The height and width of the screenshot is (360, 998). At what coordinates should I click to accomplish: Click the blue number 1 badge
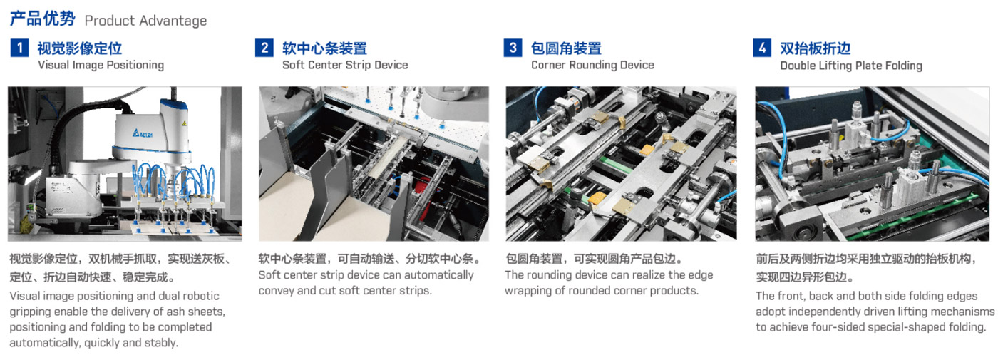19,48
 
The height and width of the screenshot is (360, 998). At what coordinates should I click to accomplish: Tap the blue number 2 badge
264,48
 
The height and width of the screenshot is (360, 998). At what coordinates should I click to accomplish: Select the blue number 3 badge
513,48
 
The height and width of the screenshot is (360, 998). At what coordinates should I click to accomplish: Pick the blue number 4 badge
762,48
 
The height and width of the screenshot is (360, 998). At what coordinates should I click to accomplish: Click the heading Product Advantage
145,21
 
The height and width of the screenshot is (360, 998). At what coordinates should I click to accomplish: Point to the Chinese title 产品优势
42,19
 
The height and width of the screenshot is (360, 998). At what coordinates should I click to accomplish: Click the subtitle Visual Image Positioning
101,65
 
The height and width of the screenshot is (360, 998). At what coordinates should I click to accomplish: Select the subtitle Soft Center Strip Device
345,65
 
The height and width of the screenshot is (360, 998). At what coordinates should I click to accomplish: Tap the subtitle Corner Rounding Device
592,65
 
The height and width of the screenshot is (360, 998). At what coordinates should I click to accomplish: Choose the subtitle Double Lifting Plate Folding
851,66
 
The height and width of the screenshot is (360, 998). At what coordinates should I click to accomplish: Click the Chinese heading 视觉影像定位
79,48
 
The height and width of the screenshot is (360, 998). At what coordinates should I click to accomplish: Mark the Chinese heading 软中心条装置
324,48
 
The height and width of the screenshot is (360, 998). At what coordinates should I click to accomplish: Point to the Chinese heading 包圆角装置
566,48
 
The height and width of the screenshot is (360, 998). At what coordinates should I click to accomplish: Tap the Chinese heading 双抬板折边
815,48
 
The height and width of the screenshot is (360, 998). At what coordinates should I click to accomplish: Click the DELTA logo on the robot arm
143,133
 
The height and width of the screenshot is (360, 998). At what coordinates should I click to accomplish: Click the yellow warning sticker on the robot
183,123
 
